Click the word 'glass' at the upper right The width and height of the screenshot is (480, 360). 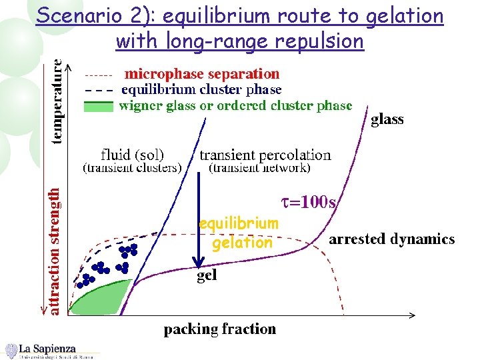click(x=387, y=120)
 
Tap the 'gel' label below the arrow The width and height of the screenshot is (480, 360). click(x=207, y=275)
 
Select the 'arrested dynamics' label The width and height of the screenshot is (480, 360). click(x=392, y=239)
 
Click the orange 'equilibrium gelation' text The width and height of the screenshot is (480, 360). click(x=239, y=233)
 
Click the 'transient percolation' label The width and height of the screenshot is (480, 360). click(x=265, y=155)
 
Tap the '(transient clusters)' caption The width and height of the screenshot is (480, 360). click(x=132, y=169)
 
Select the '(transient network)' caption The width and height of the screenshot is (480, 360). click(x=260, y=169)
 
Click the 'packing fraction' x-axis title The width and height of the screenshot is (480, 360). click(x=220, y=329)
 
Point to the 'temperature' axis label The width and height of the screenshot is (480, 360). click(x=59, y=101)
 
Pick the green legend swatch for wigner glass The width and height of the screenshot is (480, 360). click(x=99, y=105)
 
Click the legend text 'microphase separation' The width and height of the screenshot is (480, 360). click(x=202, y=73)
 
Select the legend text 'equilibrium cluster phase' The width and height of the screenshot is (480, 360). click(x=201, y=89)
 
